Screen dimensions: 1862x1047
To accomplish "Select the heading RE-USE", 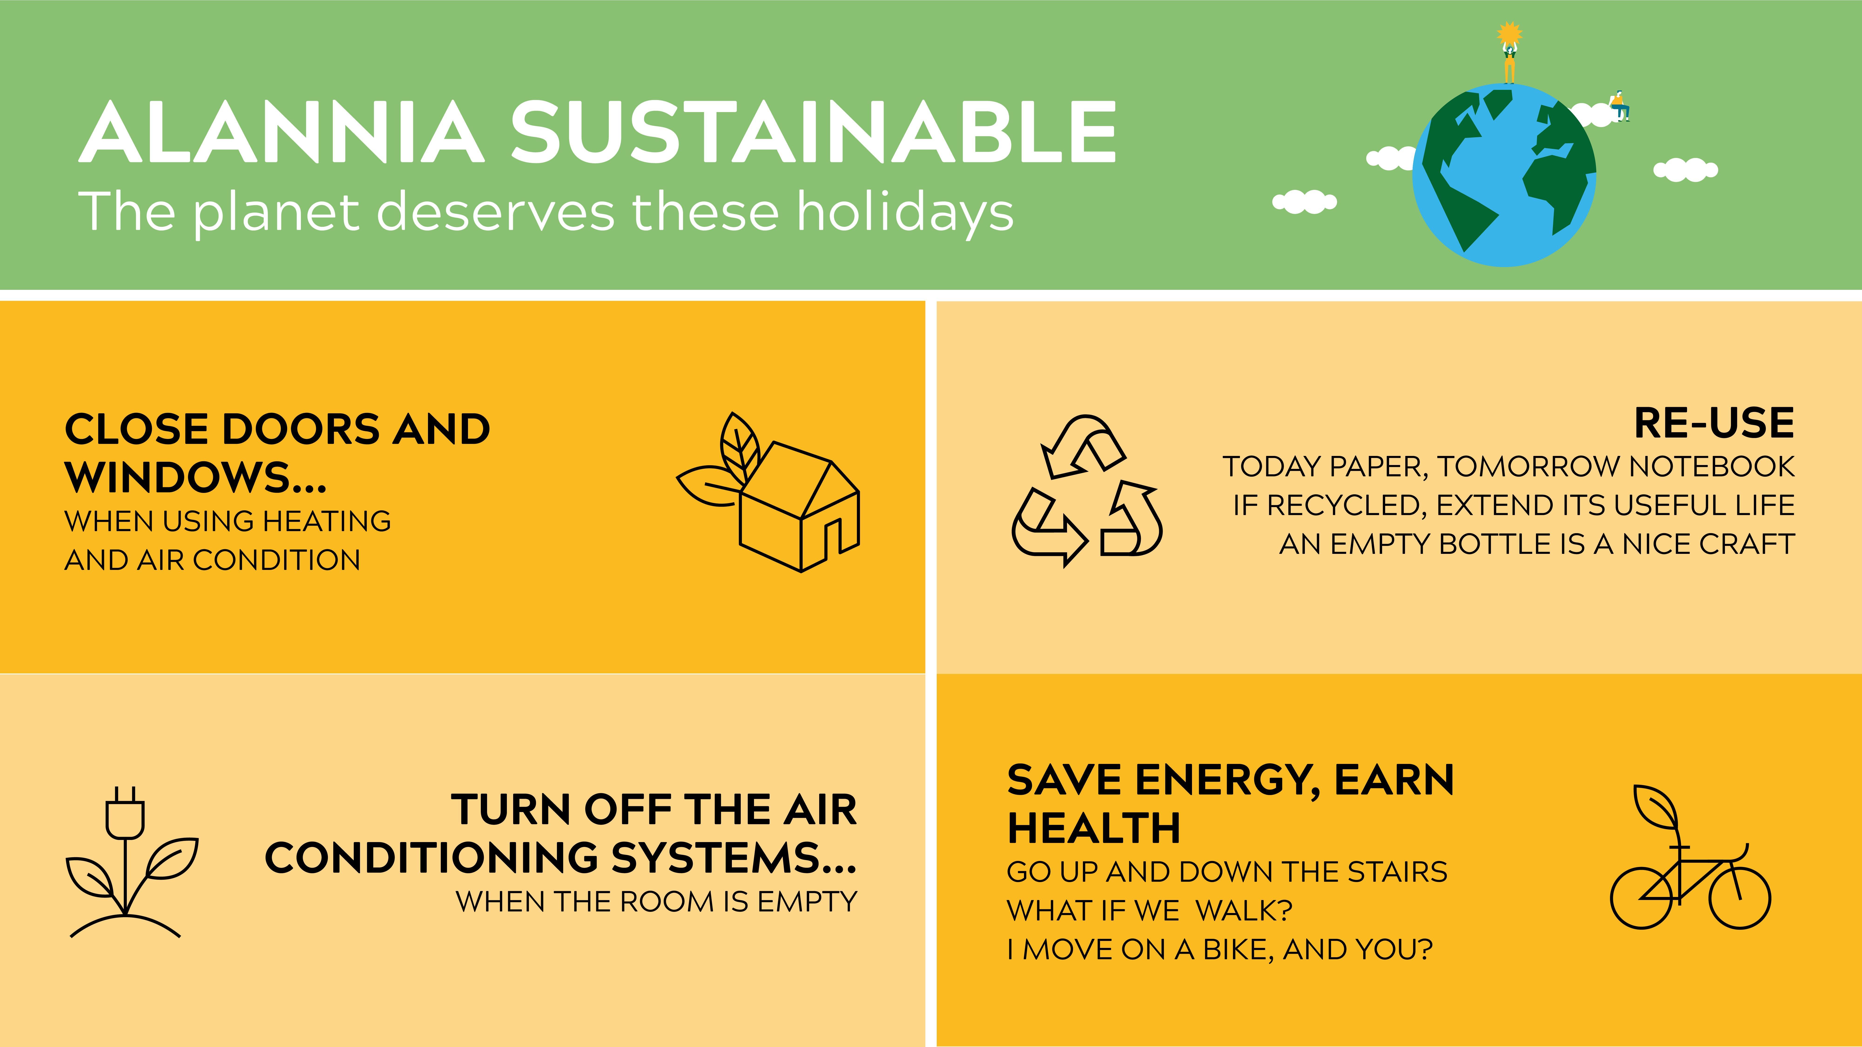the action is pyautogui.click(x=1714, y=423).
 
